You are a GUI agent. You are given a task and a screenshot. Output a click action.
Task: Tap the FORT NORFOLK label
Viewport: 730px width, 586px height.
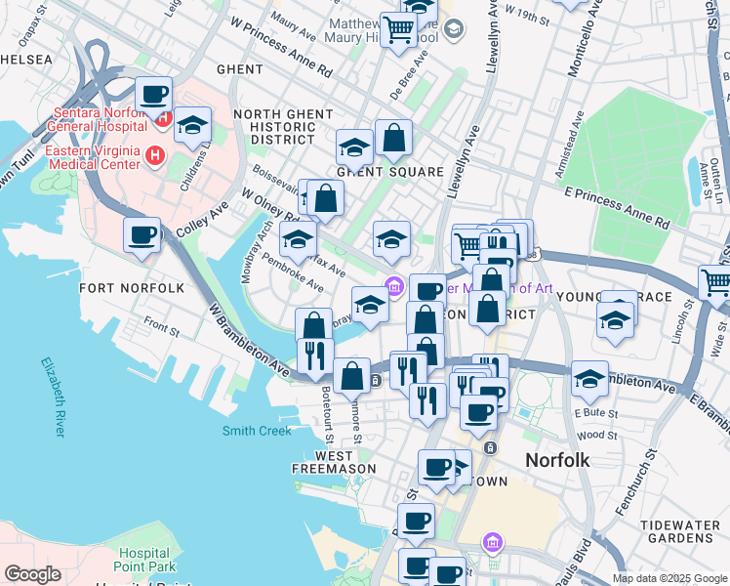click(x=131, y=288)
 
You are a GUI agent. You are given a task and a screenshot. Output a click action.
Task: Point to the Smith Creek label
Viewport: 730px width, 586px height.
click(x=257, y=431)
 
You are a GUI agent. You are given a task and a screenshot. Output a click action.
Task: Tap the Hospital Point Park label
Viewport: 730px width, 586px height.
click(x=144, y=560)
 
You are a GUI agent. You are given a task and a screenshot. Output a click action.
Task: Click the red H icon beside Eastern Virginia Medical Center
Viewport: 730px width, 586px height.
click(x=153, y=155)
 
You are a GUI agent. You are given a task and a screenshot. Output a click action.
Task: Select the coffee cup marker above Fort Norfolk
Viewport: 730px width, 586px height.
click(x=142, y=235)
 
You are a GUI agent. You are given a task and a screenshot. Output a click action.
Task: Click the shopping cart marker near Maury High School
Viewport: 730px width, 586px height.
click(x=398, y=30)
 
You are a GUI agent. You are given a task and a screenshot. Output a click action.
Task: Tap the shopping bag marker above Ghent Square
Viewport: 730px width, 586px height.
click(x=393, y=139)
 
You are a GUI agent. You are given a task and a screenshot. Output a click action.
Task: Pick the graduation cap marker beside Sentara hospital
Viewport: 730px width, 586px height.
click(x=193, y=125)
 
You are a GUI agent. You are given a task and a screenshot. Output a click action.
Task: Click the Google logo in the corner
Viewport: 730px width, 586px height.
click(x=32, y=574)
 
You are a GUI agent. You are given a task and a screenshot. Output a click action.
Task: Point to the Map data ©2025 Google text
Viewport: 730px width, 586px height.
click(x=669, y=578)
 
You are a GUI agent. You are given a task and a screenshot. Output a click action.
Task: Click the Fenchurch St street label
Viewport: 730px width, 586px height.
click(x=635, y=484)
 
